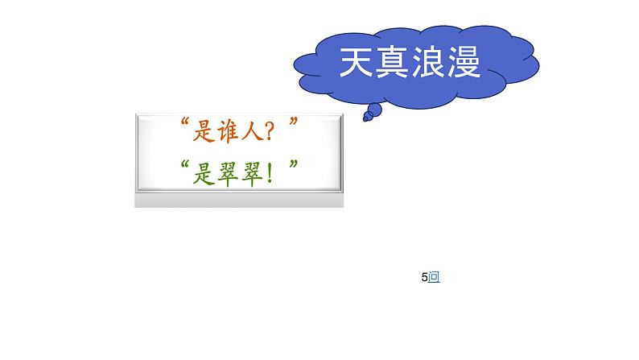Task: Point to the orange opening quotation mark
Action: pos(184,124)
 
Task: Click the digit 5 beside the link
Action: pos(424,278)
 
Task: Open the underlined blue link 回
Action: pos(435,278)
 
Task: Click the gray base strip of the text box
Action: pos(239,200)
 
